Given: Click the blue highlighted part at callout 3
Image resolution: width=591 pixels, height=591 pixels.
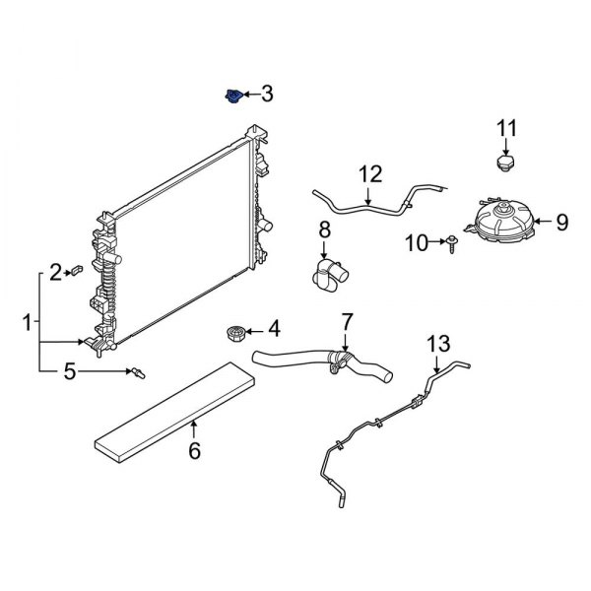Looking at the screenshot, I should coord(232,97).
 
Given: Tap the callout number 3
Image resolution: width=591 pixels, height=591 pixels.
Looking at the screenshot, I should coord(266,95).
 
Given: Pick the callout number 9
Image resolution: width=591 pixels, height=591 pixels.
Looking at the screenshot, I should coord(561,223).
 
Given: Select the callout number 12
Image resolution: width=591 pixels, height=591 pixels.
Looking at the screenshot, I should coord(369,175).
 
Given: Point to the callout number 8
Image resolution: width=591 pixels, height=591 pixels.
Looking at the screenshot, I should coord(323,232).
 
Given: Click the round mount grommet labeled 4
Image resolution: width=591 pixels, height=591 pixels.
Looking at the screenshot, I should coord(235,333).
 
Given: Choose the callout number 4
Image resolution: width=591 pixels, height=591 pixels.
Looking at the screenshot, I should coord(273,327).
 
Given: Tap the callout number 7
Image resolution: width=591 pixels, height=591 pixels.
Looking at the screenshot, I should coord(346,321).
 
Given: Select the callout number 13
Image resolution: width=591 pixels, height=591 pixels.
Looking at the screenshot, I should coord(437,344).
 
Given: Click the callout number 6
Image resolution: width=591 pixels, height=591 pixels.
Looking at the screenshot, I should coord(194,451).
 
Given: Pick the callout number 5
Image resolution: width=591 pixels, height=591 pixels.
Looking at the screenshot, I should coord(69,371).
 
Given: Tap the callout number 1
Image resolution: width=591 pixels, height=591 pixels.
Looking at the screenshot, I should coord(26,321).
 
